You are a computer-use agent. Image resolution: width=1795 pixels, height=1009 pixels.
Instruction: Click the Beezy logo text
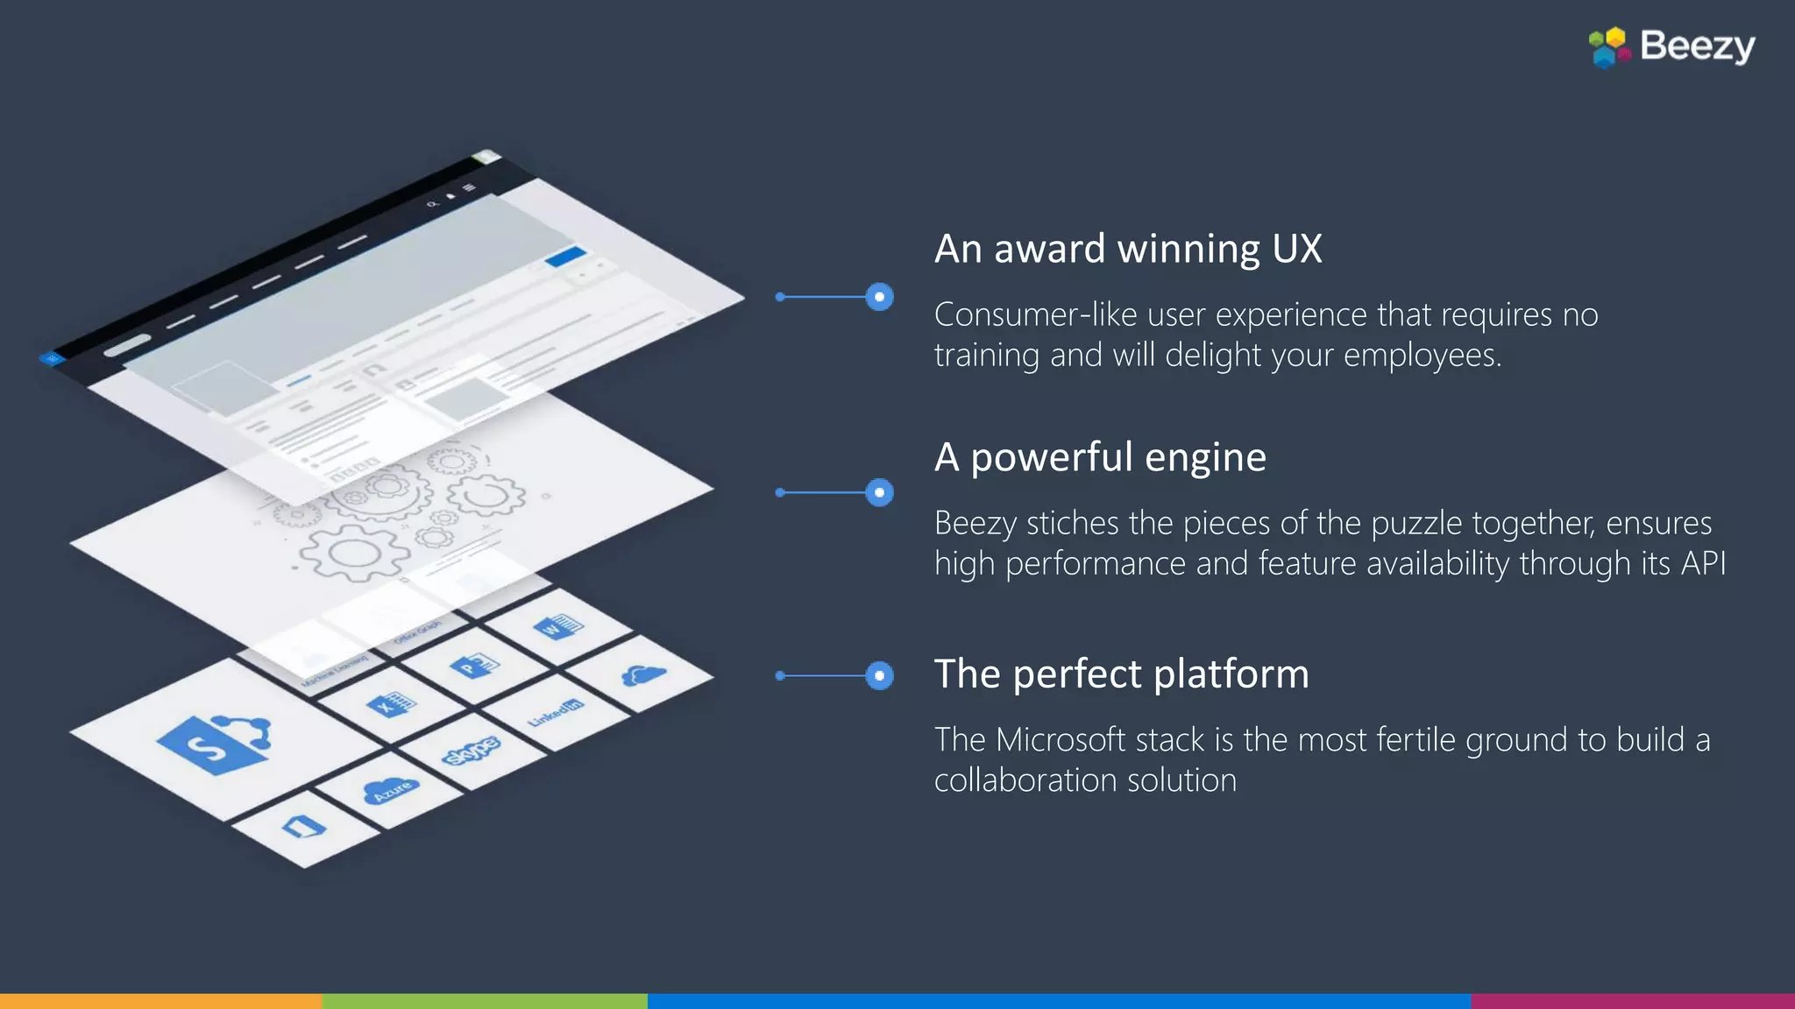1697,46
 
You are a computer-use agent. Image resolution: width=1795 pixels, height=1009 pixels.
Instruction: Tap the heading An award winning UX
1128,249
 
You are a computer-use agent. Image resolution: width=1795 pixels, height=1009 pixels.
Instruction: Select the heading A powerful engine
1100,457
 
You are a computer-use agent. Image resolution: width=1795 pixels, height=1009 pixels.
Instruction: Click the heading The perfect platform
1121,674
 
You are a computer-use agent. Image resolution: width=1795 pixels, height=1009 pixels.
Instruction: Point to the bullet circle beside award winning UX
879,297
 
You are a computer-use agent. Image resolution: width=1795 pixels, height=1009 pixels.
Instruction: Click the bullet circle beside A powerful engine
879,492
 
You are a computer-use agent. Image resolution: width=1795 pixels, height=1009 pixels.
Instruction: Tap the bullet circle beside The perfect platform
879,675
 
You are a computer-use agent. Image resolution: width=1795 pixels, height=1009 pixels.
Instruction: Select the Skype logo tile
471,751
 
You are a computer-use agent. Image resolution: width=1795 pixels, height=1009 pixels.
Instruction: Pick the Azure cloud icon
391,790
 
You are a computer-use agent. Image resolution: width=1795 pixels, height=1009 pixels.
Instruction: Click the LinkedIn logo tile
555,712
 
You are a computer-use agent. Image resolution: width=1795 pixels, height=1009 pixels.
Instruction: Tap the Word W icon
557,625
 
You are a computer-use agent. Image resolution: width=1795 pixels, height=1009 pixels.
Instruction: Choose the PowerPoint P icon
474,667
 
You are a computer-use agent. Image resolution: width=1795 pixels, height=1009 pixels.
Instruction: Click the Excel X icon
390,704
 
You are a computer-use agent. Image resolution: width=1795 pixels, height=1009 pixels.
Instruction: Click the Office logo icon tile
304,827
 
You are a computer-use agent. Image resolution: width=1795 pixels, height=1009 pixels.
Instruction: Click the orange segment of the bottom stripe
161,1001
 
